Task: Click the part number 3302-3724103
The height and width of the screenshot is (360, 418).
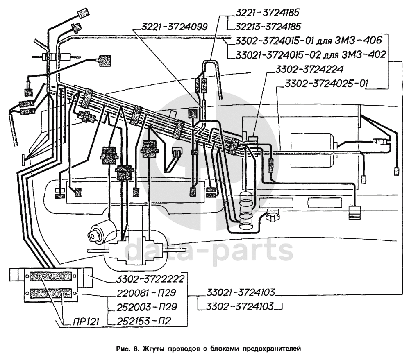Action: point(240,306)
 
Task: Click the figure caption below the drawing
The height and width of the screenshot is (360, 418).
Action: point(209,349)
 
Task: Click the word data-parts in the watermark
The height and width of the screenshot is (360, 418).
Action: point(209,251)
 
